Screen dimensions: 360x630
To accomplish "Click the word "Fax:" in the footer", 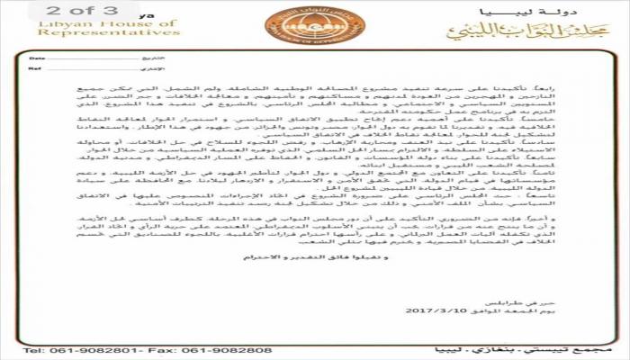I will click(165, 348).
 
